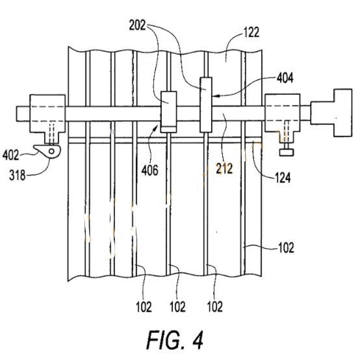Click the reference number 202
pos(137,25)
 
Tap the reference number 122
pos(251,32)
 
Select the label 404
pos(285,78)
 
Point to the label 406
pos(149,170)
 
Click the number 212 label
pos(224,168)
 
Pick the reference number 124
pos(283,177)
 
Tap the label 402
pos(11,155)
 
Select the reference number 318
pos(18,175)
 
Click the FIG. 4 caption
pos(175,340)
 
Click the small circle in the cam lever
pos(51,151)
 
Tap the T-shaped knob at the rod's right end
pos(331,112)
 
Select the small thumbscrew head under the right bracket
pos(287,152)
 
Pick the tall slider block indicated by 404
pos(206,105)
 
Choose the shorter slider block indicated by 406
pos(168,112)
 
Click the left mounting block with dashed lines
pos(47,119)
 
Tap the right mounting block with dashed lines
pos(283,117)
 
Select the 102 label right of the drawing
pos(286,248)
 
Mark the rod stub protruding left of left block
pos(23,114)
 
